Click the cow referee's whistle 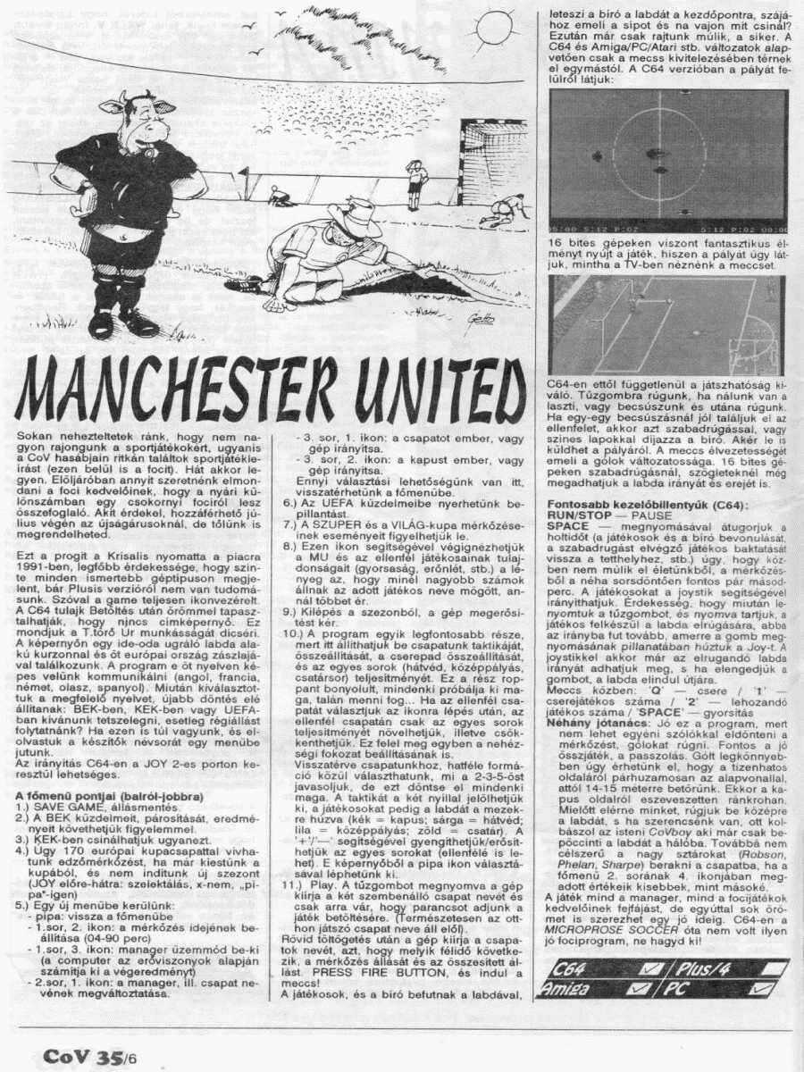tap(148, 152)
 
